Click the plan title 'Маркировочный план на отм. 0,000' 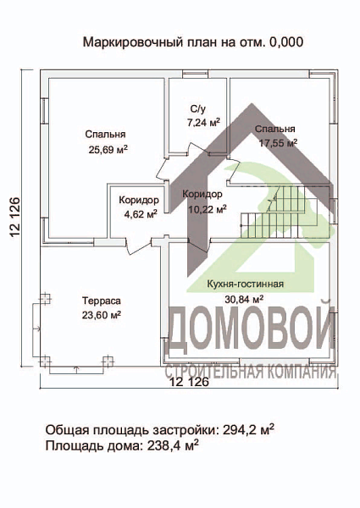[193, 41]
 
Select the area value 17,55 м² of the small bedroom [275, 144]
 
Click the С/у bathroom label [198, 109]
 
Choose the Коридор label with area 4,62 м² [139, 200]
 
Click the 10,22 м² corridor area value [202, 207]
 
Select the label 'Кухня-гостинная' [245, 284]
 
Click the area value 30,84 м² [245, 299]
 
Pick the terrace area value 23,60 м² [102, 314]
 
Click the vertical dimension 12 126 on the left [15, 219]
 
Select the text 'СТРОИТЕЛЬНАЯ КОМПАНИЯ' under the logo [252, 371]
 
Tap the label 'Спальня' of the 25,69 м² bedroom [106, 135]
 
